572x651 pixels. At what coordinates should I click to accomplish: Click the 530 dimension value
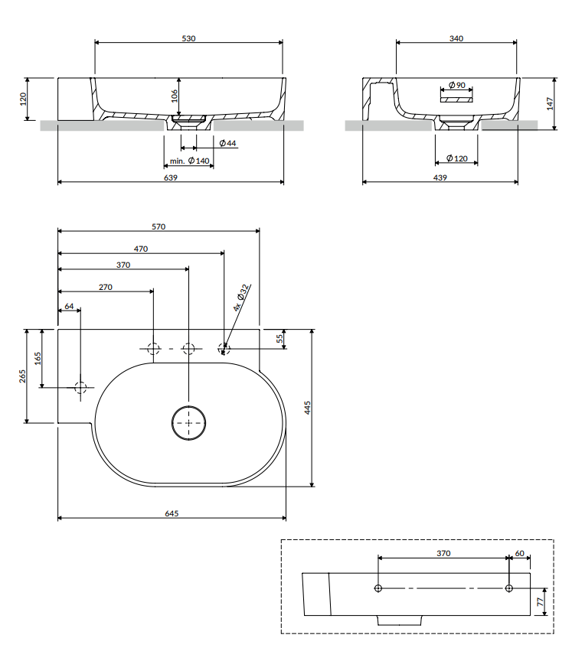coord(189,37)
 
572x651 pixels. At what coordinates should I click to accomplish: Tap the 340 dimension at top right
coord(457,37)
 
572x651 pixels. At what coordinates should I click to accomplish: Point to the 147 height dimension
coord(551,103)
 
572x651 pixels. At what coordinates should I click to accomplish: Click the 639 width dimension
coord(171,177)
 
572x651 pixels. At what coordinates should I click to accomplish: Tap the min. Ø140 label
coord(189,161)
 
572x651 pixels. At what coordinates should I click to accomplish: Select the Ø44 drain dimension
coord(227,143)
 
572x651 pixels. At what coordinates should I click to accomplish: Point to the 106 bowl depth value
coord(174,95)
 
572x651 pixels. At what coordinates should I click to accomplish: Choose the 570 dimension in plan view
coord(159,226)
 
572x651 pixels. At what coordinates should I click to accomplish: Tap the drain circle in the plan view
coord(188,423)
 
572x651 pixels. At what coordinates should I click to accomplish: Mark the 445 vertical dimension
coord(308,408)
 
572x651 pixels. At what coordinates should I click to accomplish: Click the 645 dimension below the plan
coord(172,513)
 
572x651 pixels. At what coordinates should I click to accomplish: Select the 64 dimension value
coord(69,306)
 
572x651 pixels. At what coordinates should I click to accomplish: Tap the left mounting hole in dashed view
coord(378,588)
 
